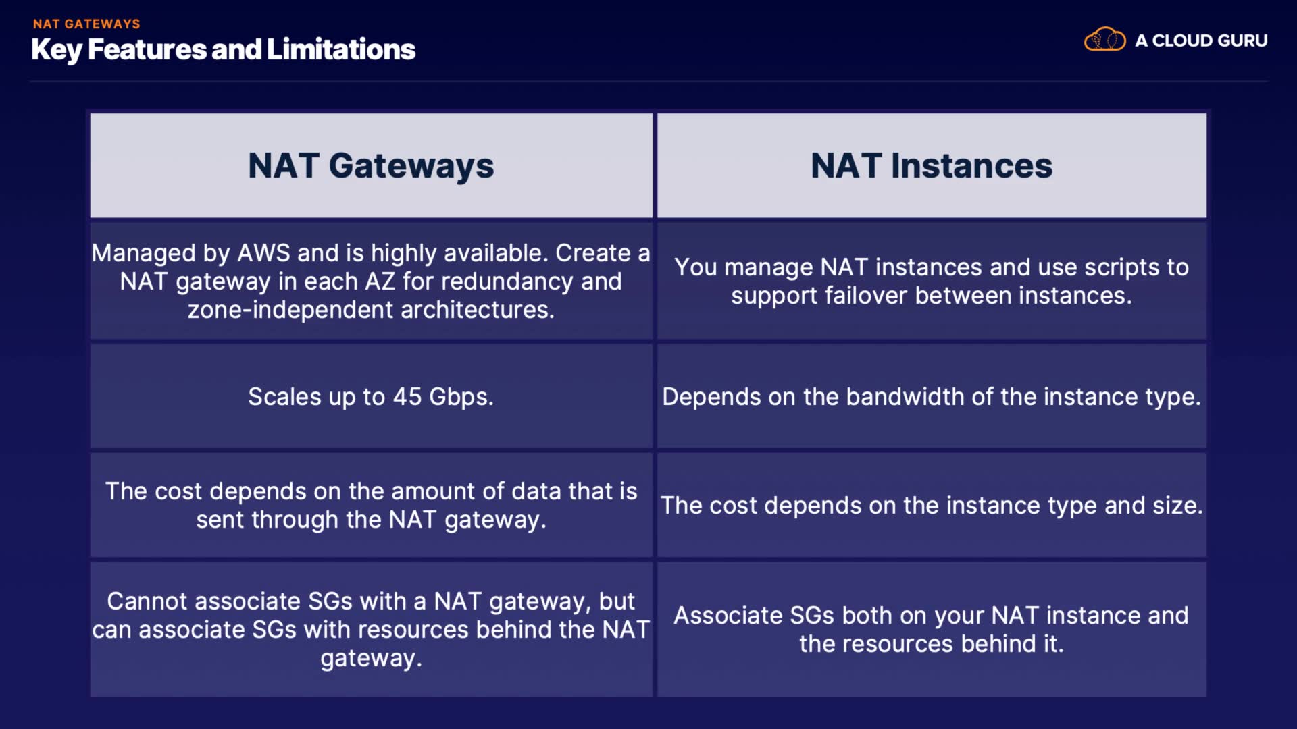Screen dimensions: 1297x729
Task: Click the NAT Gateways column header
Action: tap(371, 165)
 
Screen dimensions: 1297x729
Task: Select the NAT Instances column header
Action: tap(931, 165)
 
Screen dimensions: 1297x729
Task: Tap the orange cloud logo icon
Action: tap(1104, 40)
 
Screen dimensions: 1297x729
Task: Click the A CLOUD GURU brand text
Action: tap(1201, 40)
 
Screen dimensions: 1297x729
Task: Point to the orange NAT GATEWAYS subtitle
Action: tap(86, 24)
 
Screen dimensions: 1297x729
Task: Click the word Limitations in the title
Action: tap(341, 50)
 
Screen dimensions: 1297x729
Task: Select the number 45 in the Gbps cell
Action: tap(407, 397)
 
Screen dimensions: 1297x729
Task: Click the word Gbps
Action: tap(461, 397)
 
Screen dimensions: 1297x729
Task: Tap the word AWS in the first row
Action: tap(263, 253)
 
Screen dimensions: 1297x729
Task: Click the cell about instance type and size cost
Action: tap(932, 506)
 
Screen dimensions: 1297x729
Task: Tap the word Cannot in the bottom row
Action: tap(147, 601)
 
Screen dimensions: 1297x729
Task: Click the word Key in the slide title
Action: tap(56, 50)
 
